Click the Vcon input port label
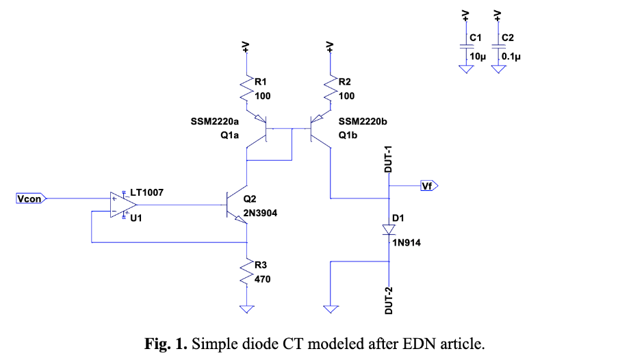click(31, 198)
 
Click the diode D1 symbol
click(389, 229)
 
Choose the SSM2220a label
click(216, 120)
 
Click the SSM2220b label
click(363, 120)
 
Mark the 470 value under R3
click(263, 279)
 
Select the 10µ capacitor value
click(477, 57)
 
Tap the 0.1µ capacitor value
click(512, 57)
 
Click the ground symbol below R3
click(246, 309)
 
